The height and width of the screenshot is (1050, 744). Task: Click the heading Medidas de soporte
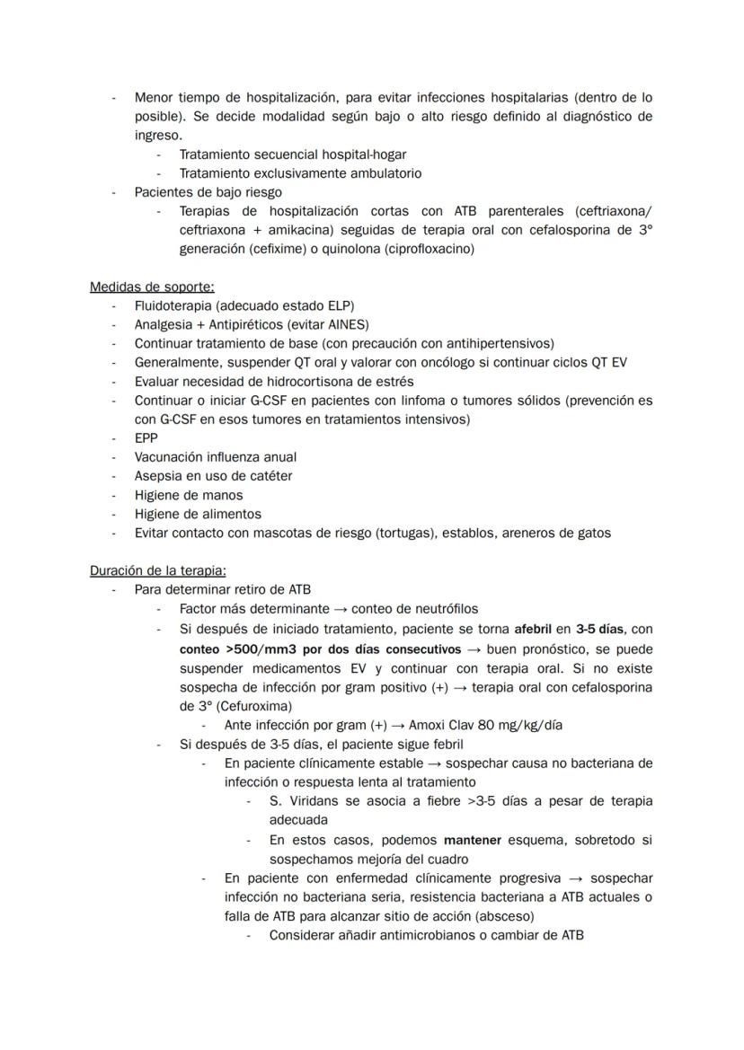152,287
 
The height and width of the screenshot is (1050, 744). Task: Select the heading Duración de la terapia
157,570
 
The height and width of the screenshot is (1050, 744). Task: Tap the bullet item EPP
146,438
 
